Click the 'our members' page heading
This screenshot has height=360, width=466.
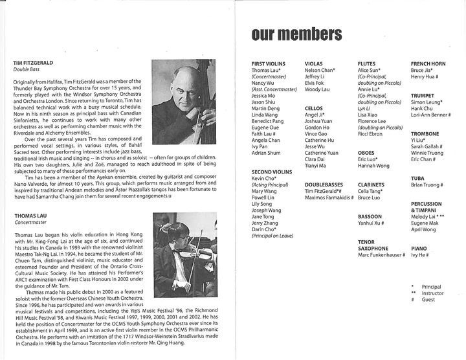point(296,34)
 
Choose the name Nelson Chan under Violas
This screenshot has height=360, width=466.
point(319,70)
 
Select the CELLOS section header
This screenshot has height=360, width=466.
point(314,109)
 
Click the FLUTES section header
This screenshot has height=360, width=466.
point(367,63)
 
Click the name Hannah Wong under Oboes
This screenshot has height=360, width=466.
point(374,166)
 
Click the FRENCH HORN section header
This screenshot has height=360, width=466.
point(429,63)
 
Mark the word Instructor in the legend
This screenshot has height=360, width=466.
point(434,293)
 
